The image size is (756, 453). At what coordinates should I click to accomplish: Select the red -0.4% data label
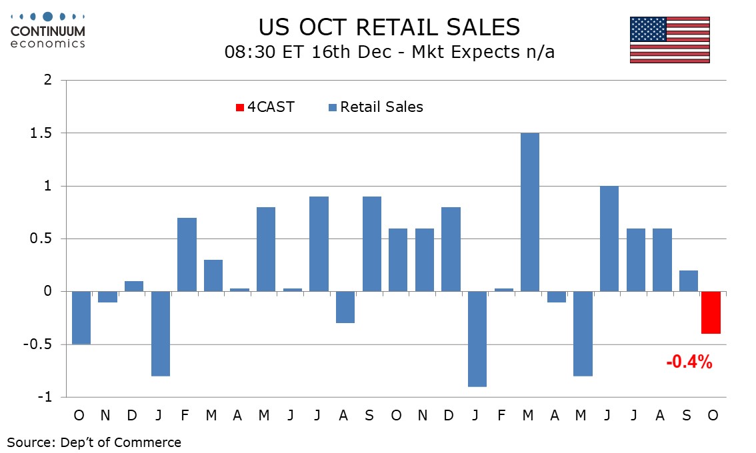[x=689, y=363]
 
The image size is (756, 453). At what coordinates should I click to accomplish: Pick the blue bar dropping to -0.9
[x=477, y=339]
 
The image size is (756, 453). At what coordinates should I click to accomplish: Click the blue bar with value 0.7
[x=187, y=254]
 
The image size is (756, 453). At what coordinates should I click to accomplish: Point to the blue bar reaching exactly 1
[x=609, y=238]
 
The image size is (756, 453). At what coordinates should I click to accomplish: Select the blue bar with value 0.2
[x=689, y=281]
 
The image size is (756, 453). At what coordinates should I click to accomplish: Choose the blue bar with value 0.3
[x=213, y=276]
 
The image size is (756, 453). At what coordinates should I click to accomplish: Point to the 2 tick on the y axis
[x=47, y=81]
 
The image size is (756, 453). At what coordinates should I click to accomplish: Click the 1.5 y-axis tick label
[x=41, y=133]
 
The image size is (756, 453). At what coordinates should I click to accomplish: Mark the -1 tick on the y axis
[x=44, y=398]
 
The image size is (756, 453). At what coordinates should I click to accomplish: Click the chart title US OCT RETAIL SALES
[x=389, y=27]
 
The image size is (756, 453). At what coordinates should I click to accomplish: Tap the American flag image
[x=670, y=40]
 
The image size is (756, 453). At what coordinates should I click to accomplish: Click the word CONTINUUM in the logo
[x=48, y=31]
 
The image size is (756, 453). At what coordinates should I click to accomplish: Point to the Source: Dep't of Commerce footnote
[x=94, y=442]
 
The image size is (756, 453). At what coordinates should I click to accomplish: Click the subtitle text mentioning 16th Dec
[x=389, y=52]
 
